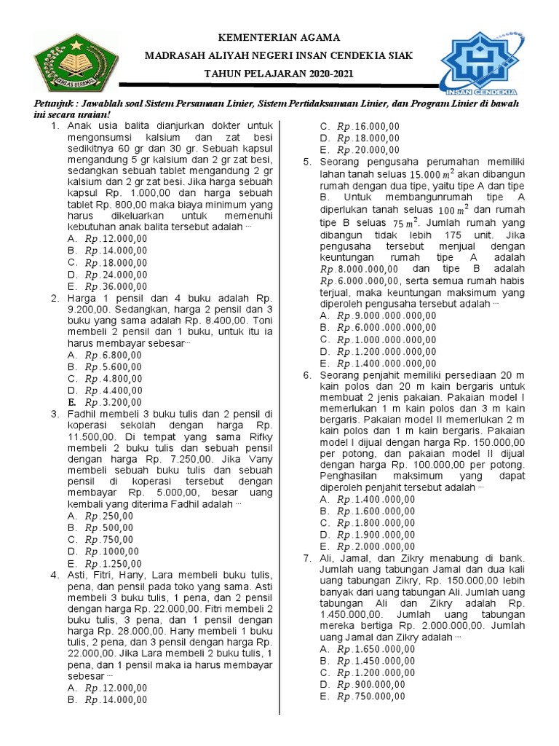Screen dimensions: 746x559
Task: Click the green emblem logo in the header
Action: (x=70, y=63)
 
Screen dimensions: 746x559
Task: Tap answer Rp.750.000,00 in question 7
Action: (x=371, y=696)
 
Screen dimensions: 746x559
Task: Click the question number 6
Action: (x=307, y=374)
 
